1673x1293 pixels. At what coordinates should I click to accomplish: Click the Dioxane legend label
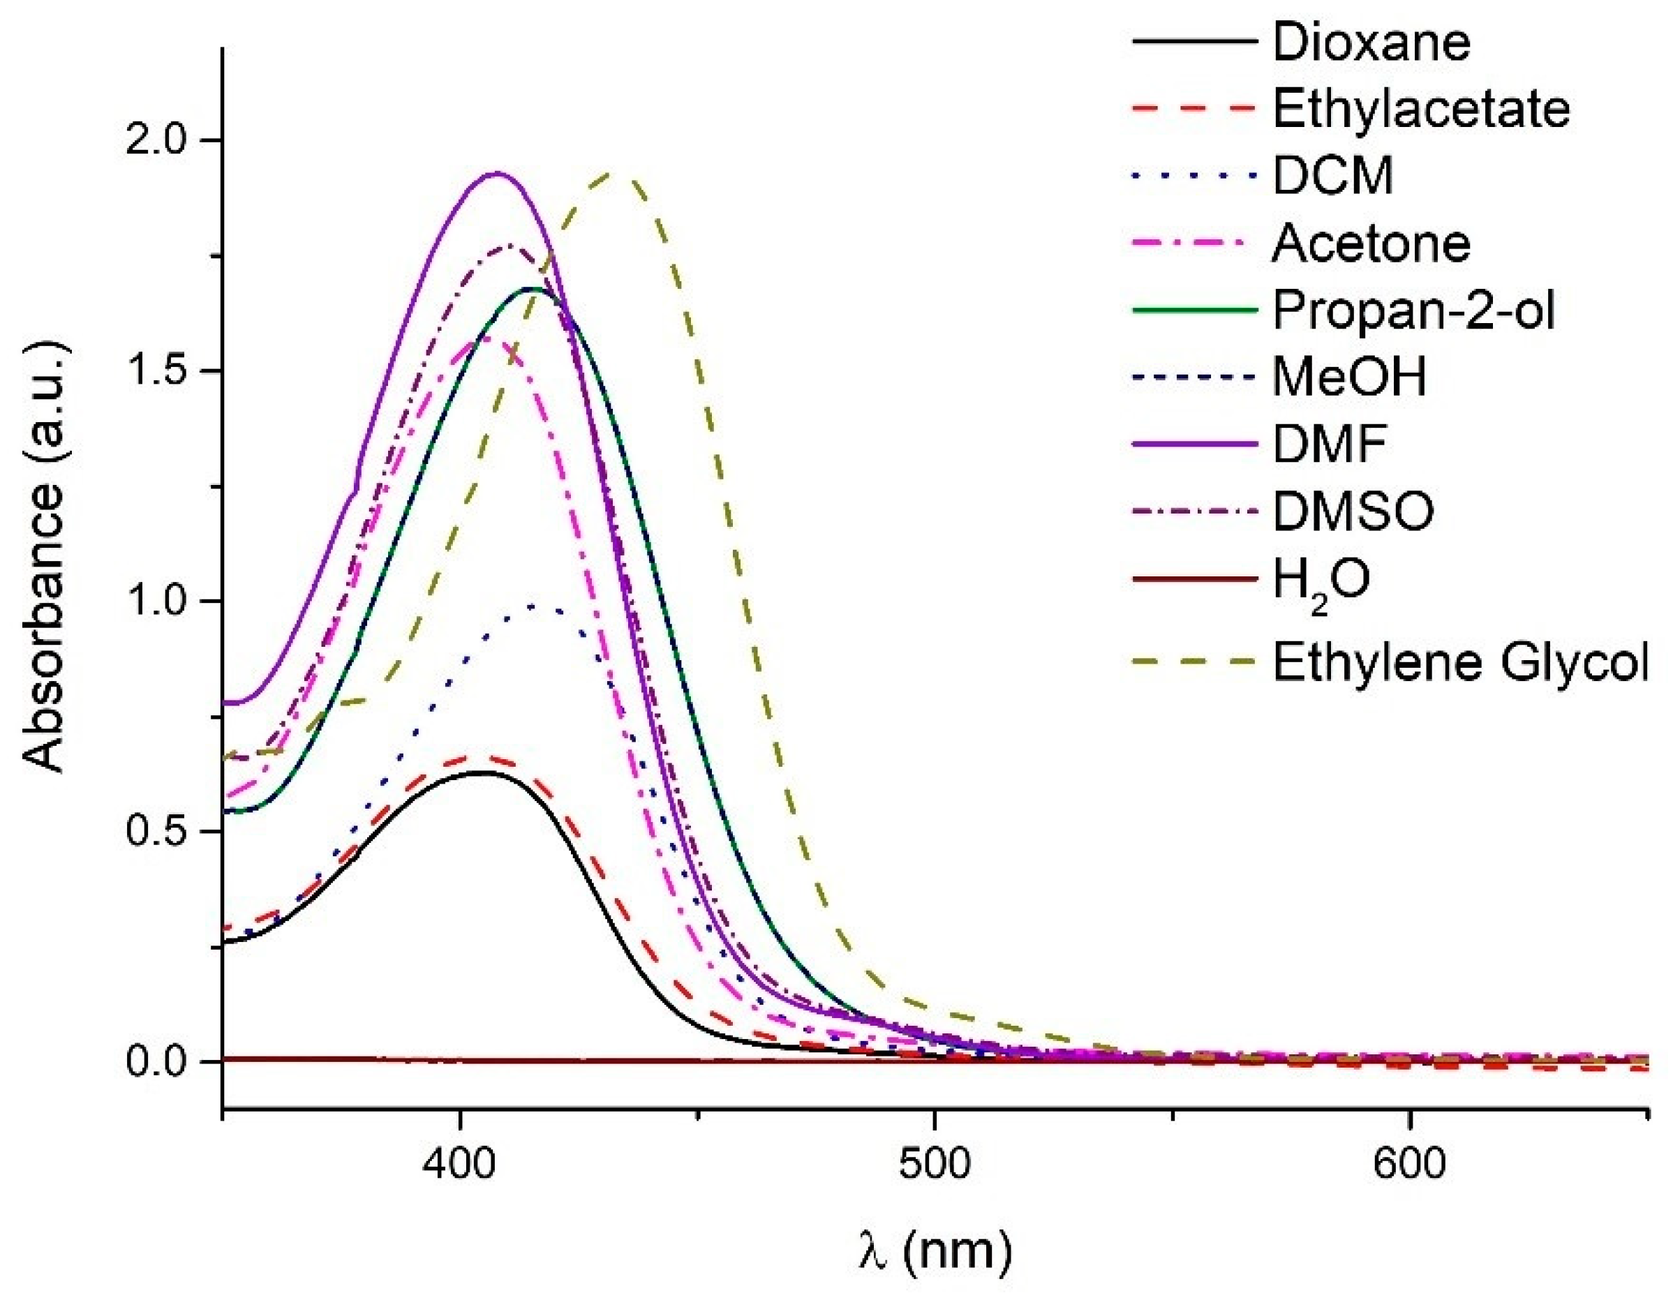(1371, 42)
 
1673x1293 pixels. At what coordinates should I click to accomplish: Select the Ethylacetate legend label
(1421, 110)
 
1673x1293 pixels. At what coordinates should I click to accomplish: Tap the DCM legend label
(1333, 176)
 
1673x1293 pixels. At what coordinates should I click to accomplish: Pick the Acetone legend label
(1371, 244)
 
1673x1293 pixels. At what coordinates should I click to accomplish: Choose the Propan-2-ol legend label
(1414, 311)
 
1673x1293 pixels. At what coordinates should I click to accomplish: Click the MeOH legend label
(1350, 377)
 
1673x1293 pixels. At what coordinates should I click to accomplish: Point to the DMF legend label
(1330, 444)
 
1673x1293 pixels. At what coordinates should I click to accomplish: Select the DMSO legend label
(1353, 511)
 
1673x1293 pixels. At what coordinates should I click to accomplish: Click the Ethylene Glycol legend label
(1460, 661)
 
